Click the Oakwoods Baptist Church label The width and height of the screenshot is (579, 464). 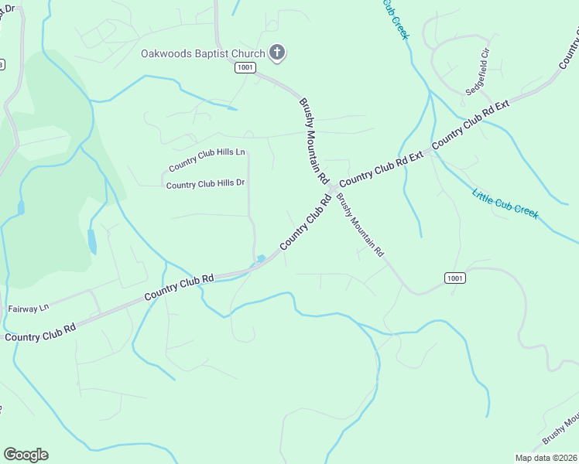tap(203, 53)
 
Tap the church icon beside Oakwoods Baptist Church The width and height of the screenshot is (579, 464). tap(277, 53)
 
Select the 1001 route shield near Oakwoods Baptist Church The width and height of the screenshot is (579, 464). tap(245, 68)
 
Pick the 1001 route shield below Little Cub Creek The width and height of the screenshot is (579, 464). tap(455, 278)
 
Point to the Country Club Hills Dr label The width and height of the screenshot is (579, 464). tap(205, 184)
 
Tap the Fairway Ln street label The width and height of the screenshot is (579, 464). tap(28, 308)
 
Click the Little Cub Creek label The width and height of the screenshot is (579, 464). tap(505, 203)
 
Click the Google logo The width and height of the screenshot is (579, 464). tap(26, 455)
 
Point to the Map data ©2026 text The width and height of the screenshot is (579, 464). tap(546, 458)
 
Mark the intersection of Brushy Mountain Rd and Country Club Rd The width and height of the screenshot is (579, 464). tap(331, 189)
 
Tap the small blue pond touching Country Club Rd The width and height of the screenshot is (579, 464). tap(261, 259)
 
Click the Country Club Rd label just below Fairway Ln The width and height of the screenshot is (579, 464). tap(39, 333)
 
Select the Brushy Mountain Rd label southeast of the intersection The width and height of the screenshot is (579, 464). tap(360, 225)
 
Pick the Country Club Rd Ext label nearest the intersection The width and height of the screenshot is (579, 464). tap(381, 167)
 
